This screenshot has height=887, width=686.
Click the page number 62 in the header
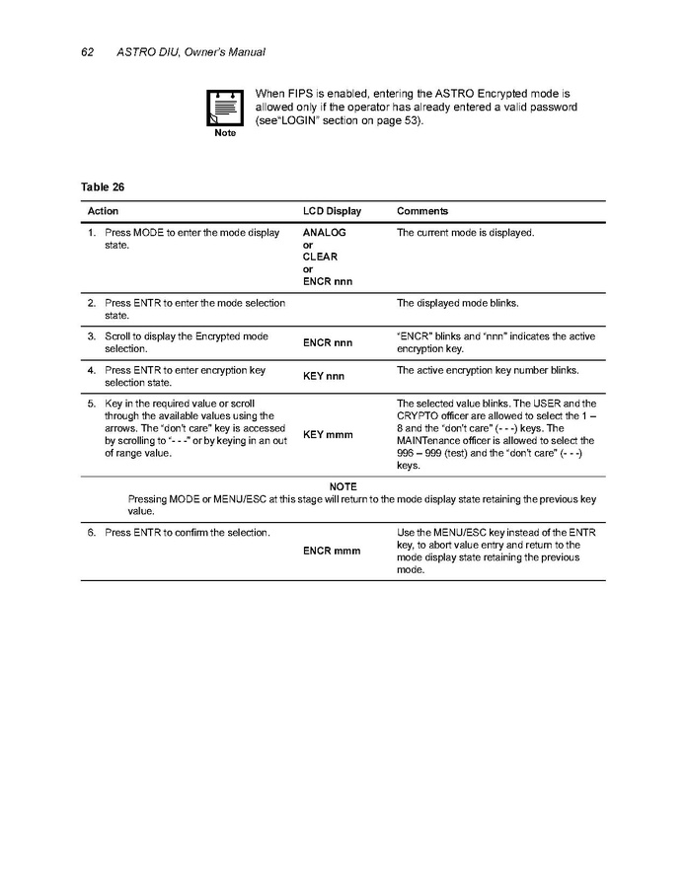click(x=86, y=51)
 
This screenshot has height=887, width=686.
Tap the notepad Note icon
click(x=224, y=108)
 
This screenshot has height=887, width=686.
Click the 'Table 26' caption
click(x=102, y=185)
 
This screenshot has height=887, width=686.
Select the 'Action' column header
click(x=103, y=211)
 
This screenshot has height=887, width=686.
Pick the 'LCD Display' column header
click(x=332, y=211)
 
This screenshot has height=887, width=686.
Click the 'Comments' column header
click(x=422, y=211)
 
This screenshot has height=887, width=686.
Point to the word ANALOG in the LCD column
click(x=324, y=233)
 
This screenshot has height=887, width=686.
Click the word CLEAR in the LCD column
click(x=320, y=257)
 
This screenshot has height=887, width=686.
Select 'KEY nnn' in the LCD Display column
click(x=323, y=376)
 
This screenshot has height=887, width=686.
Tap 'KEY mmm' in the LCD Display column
click(x=326, y=435)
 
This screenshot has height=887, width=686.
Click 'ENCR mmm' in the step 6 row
click(x=332, y=551)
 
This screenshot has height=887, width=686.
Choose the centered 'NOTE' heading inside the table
click(x=343, y=487)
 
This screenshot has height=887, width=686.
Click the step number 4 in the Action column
click(x=91, y=370)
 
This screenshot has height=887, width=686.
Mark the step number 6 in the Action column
click(x=91, y=533)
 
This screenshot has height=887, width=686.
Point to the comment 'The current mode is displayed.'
click(x=465, y=233)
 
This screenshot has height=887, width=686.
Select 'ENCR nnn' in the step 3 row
click(x=328, y=342)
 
